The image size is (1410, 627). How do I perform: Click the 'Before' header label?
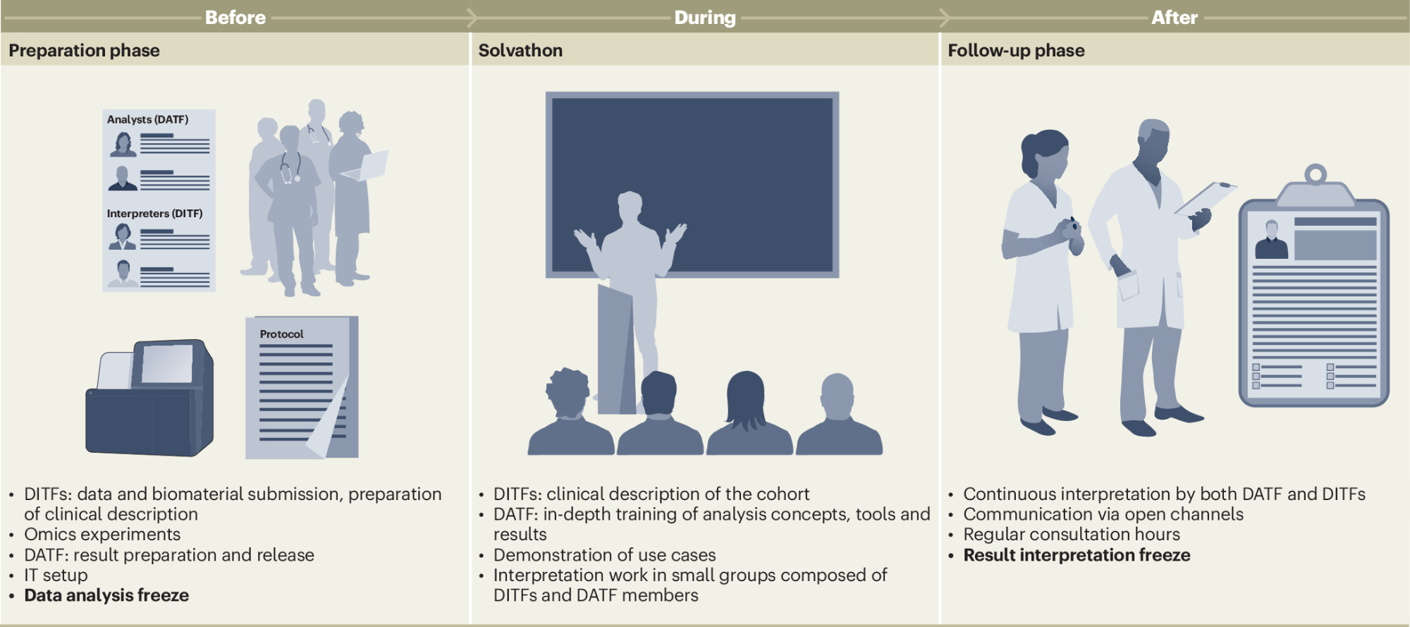[235, 18]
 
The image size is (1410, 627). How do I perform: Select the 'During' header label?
[705, 18]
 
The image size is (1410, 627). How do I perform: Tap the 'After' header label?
[1175, 18]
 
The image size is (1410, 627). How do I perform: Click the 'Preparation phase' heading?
[84, 51]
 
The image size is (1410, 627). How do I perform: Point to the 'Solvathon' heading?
[520, 51]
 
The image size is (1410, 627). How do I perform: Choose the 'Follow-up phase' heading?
[1016, 51]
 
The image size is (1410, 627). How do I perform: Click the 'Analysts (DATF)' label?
[148, 120]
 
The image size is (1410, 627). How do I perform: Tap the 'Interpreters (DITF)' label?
[154, 214]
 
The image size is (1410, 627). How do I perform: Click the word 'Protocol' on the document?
[281, 334]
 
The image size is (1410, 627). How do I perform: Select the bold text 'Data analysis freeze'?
[106, 595]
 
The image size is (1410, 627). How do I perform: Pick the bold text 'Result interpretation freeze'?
[1077, 555]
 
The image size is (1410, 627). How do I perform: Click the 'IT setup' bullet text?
[56, 576]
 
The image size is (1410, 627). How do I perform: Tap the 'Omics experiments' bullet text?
[102, 535]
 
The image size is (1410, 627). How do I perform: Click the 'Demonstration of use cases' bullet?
[604, 555]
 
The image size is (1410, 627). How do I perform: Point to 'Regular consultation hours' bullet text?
[1072, 535]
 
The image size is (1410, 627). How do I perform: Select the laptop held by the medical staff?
[365, 166]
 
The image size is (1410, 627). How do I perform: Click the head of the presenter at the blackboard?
[630, 207]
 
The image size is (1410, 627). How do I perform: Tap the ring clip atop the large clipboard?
[1316, 174]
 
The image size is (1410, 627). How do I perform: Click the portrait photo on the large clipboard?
[1272, 239]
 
